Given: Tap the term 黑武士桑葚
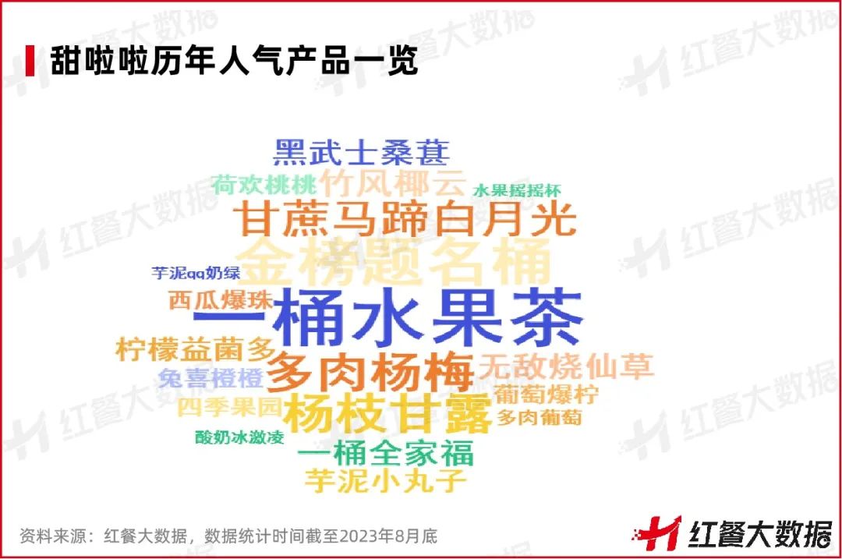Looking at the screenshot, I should coord(361,151).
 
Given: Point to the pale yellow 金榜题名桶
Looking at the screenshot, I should coord(393,262).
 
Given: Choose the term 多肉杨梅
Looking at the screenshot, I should coord(370,372).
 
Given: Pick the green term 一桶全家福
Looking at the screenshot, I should coord(386,452).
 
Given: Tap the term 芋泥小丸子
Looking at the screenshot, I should coord(385,480).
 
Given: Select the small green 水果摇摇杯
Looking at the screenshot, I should coord(516,191).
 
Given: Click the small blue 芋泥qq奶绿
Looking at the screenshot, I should coord(196,273).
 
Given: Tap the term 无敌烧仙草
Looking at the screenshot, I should coord(566,365).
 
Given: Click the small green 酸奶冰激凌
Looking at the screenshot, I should coord(239,437).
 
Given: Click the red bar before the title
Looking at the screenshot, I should coord(30,61).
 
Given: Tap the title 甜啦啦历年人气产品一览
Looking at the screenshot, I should coord(234,61).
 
